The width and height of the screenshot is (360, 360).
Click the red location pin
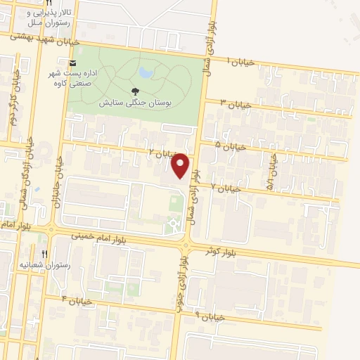pyautogui.click(x=181, y=165)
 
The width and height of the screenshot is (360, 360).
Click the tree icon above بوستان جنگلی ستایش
pyautogui.click(x=135, y=90)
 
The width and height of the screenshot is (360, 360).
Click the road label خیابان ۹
pyautogui.click(x=208, y=316)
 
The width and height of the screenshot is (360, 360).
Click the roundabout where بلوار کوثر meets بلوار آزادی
pyautogui.click(x=185, y=245)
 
